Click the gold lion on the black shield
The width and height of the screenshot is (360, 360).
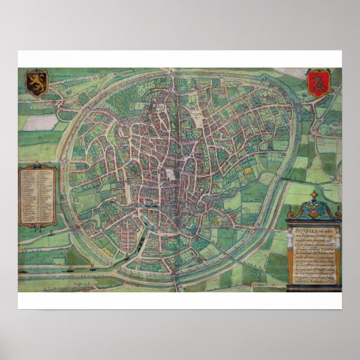point(36,81)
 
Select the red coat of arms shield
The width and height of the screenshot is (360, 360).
point(319,83)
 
